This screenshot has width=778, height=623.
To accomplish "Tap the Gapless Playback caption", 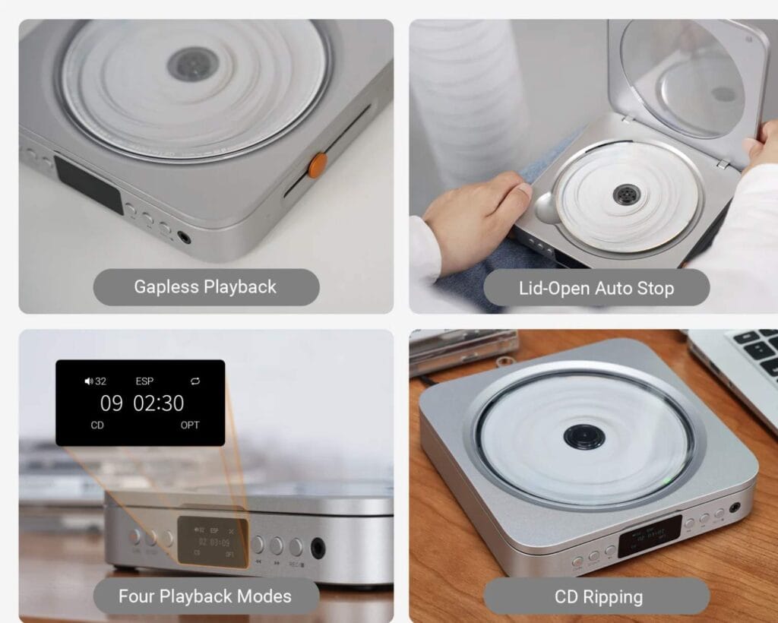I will [x=205, y=287].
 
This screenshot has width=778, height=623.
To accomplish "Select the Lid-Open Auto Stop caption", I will [x=596, y=288].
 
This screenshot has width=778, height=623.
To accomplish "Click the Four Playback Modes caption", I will [x=205, y=596].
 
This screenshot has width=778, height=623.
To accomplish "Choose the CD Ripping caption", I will [x=596, y=596].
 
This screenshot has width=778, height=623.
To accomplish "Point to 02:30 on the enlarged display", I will [x=159, y=403].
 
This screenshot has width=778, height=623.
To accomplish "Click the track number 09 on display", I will [x=111, y=403].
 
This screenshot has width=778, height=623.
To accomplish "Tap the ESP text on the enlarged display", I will [x=144, y=381].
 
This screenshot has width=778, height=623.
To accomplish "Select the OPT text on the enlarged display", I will [x=190, y=425].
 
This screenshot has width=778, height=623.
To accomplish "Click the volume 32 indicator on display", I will [x=96, y=381].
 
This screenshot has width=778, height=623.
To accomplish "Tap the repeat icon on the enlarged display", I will [x=195, y=381].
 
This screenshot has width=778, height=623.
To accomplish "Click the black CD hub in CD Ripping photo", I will [x=584, y=437].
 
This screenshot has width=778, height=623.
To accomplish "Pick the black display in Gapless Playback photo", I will [x=88, y=185].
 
